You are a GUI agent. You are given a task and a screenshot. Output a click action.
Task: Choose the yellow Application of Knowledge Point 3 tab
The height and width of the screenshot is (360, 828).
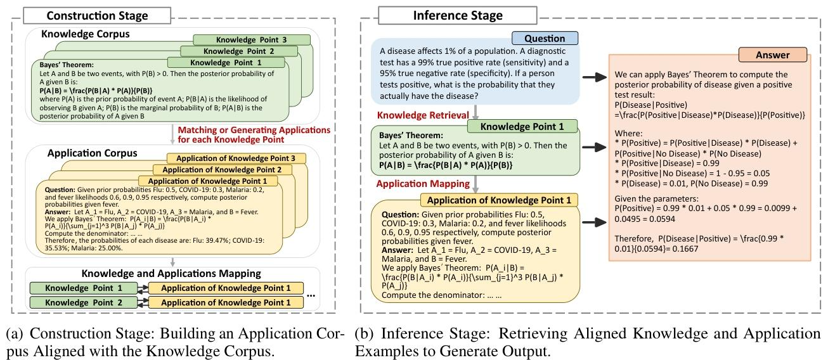click(236, 158)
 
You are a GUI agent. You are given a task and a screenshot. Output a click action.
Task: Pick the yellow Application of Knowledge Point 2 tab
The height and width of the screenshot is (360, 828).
click(222, 170)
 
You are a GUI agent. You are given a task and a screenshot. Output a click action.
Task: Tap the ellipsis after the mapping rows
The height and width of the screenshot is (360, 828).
click(312, 295)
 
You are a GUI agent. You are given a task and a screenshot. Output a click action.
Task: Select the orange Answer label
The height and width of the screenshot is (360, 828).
click(772, 55)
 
